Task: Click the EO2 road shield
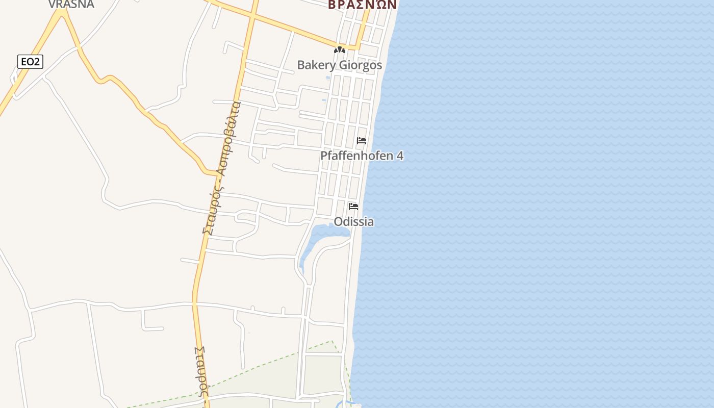coord(30,62)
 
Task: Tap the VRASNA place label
coord(71,4)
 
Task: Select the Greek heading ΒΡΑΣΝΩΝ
coord(362,5)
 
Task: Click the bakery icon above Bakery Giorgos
coord(339,50)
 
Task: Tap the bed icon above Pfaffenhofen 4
coord(362,141)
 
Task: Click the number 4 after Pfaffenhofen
coord(400,156)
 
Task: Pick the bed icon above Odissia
coord(353,207)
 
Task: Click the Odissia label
coord(353,222)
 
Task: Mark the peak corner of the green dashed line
coord(332,341)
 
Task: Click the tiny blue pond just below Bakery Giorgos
coord(328,78)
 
